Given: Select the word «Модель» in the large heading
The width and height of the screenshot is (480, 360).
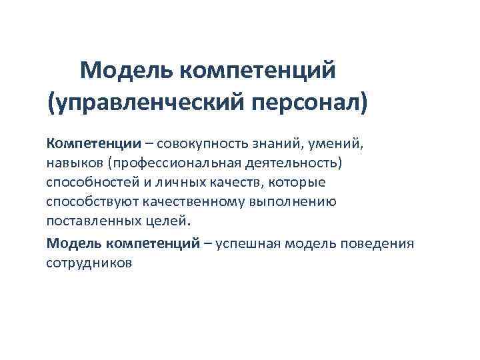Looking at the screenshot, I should coord(126,69).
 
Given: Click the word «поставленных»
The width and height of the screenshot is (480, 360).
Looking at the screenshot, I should coord(89,221).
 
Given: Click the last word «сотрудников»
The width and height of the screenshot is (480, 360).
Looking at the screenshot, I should coord(89,263).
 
